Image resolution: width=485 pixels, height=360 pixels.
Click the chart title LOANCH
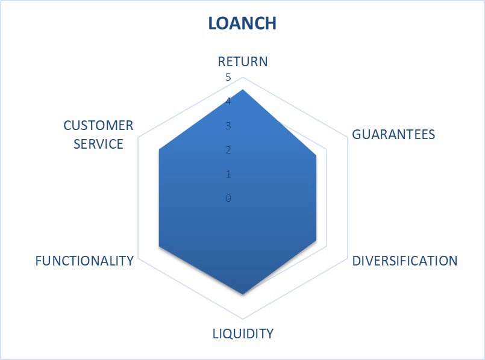(242, 23)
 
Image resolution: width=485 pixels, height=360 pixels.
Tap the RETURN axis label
(242, 61)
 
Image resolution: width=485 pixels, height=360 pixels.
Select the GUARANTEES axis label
(393, 134)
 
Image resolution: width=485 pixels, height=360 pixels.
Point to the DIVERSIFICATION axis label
(405, 261)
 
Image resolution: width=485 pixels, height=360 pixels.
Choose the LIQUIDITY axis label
(243, 333)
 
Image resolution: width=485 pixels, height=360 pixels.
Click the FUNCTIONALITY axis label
(84, 261)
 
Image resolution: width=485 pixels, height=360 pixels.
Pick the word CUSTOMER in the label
(98, 125)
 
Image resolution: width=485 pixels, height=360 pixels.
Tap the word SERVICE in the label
(102, 144)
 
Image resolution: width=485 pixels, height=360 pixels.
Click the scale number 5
(228, 77)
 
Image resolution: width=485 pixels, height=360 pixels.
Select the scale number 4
(228, 102)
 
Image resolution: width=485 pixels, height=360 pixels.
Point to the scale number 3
(228, 126)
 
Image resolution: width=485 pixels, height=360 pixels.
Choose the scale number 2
(228, 150)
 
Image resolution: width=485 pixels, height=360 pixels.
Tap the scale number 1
(228, 174)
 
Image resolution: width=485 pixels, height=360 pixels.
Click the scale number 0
(228, 198)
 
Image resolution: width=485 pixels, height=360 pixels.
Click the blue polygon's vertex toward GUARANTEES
(317, 155)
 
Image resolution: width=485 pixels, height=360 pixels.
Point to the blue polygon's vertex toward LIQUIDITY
(242, 294)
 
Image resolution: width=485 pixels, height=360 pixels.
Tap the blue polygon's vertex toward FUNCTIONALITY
(159, 246)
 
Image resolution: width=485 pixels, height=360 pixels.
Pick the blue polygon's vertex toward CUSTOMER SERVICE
(159, 151)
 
